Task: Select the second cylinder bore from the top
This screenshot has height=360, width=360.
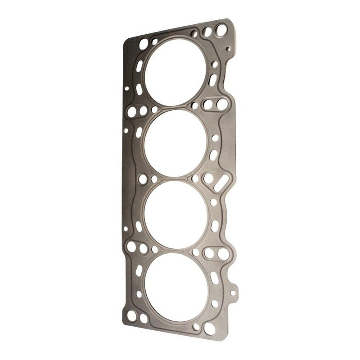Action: click(175, 143)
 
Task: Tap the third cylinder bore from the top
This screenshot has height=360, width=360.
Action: click(176, 214)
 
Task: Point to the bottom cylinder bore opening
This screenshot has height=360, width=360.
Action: click(177, 287)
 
